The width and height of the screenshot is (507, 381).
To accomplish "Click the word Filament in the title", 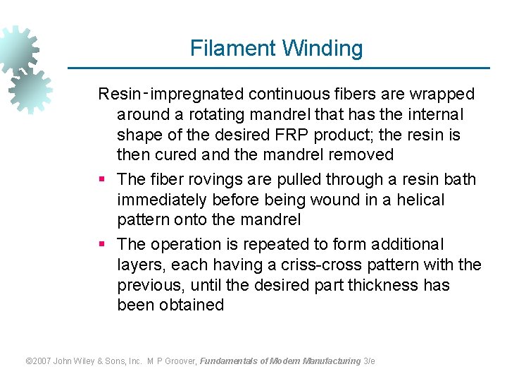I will (232, 49).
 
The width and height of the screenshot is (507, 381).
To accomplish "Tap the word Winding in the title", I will (322, 49).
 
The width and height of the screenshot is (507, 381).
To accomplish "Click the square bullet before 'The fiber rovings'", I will (102, 180).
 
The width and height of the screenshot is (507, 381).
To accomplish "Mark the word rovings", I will (215, 180).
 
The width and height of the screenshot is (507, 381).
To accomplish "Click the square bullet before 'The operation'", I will (102, 245).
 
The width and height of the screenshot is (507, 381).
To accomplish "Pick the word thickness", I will (381, 286).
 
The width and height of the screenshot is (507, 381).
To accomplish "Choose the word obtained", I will (192, 306).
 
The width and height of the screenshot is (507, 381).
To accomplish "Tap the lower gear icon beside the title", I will (30, 90).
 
